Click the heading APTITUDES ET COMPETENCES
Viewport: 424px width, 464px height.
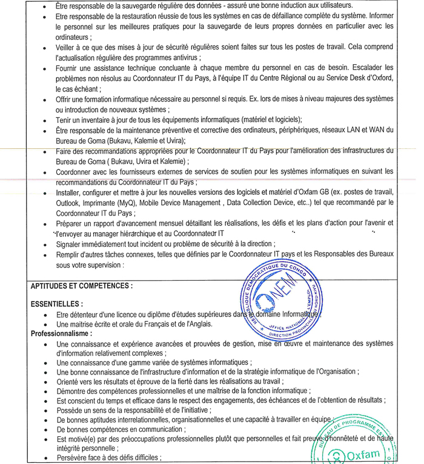82,286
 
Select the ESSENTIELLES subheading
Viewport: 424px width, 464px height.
57,304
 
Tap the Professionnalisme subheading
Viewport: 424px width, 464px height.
61,333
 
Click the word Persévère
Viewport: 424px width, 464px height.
75,458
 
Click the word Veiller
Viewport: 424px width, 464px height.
68,47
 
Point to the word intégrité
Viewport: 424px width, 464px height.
72,448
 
